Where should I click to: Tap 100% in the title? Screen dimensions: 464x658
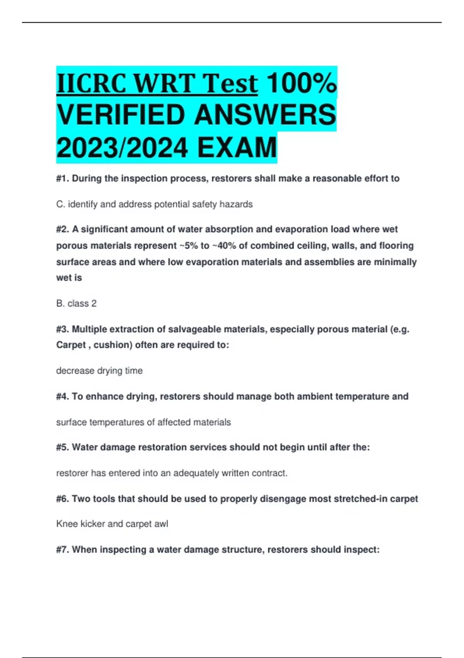click(x=302, y=84)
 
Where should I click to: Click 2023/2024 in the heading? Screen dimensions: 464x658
click(x=122, y=148)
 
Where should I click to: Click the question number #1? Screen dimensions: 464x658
click(x=62, y=178)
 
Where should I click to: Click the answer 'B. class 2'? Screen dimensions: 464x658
click(x=76, y=303)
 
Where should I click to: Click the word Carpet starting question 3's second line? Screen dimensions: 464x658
click(x=71, y=345)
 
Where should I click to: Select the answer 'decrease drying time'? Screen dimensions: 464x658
click(x=99, y=371)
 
